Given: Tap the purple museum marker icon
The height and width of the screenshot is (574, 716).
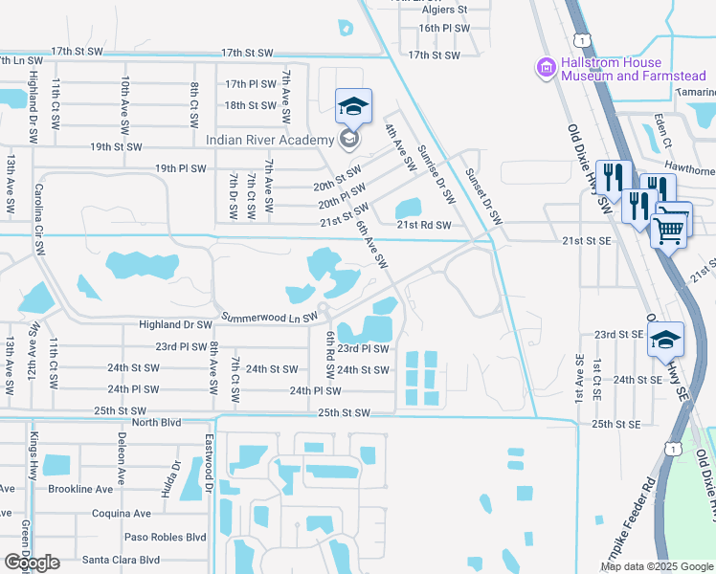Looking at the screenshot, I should (x=547, y=67).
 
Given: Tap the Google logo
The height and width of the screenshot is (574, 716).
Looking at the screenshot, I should (x=32, y=563).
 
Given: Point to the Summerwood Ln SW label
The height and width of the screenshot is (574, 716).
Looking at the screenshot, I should (x=269, y=318).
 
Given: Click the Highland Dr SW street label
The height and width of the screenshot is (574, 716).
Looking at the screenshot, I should (x=175, y=325).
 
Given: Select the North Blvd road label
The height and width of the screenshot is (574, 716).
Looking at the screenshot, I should (x=156, y=422).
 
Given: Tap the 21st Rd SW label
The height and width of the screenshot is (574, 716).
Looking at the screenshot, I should (x=423, y=226).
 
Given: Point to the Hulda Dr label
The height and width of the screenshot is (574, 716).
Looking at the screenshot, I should (x=177, y=478).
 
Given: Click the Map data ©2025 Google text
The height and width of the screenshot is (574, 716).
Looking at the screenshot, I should (x=655, y=566).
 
